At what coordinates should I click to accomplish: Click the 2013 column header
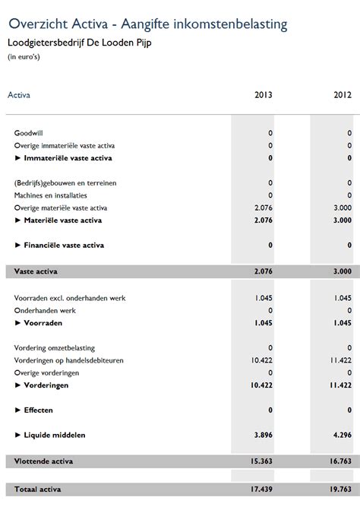coord(263,96)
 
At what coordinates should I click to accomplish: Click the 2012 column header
coord(342,96)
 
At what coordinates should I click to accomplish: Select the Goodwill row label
coord(29,133)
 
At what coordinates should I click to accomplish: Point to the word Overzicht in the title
coord(37,24)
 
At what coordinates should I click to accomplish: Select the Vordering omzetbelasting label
coord(51,347)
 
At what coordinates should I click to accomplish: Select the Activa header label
coord(18,96)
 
